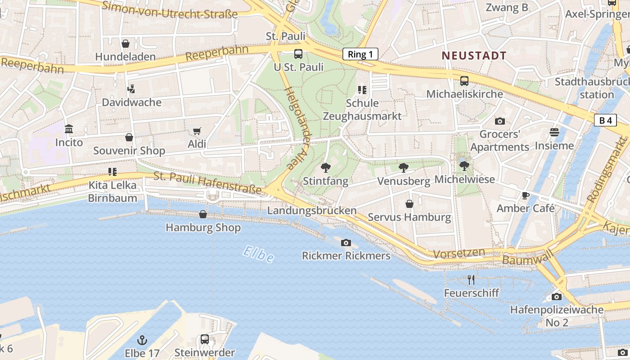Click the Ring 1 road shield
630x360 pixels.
(360, 54)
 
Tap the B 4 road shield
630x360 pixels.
(605, 120)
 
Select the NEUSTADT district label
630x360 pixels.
(474, 56)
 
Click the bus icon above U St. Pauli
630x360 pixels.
(298, 54)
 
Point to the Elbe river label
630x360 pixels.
(258, 254)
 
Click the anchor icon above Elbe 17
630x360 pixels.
(142, 340)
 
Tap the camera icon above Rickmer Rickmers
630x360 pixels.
(346, 243)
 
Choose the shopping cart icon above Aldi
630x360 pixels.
(197, 131)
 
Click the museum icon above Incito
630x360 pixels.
(69, 130)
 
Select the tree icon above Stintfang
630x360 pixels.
(325, 168)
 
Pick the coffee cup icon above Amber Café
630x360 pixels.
(525, 195)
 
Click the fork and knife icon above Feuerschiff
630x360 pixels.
(471, 280)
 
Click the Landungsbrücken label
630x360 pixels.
(312, 211)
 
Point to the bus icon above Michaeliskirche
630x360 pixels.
(464, 81)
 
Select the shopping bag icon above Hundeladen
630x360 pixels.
(126, 44)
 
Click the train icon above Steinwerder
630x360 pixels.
(205, 339)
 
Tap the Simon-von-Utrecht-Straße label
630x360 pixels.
(170, 10)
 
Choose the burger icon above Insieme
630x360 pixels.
(554, 132)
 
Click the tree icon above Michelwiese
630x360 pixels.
(464, 166)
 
